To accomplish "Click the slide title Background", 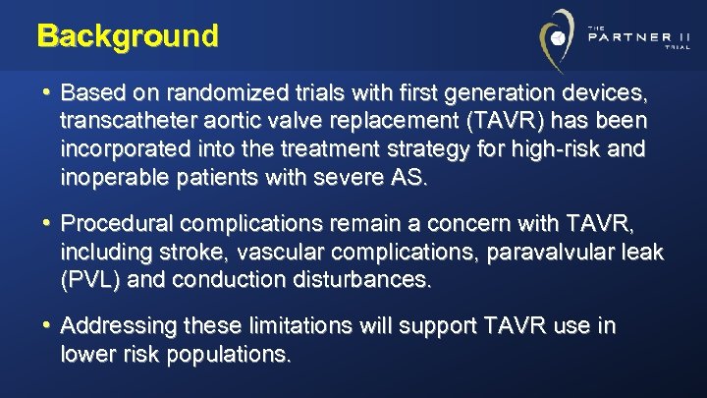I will tap(128, 36).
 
